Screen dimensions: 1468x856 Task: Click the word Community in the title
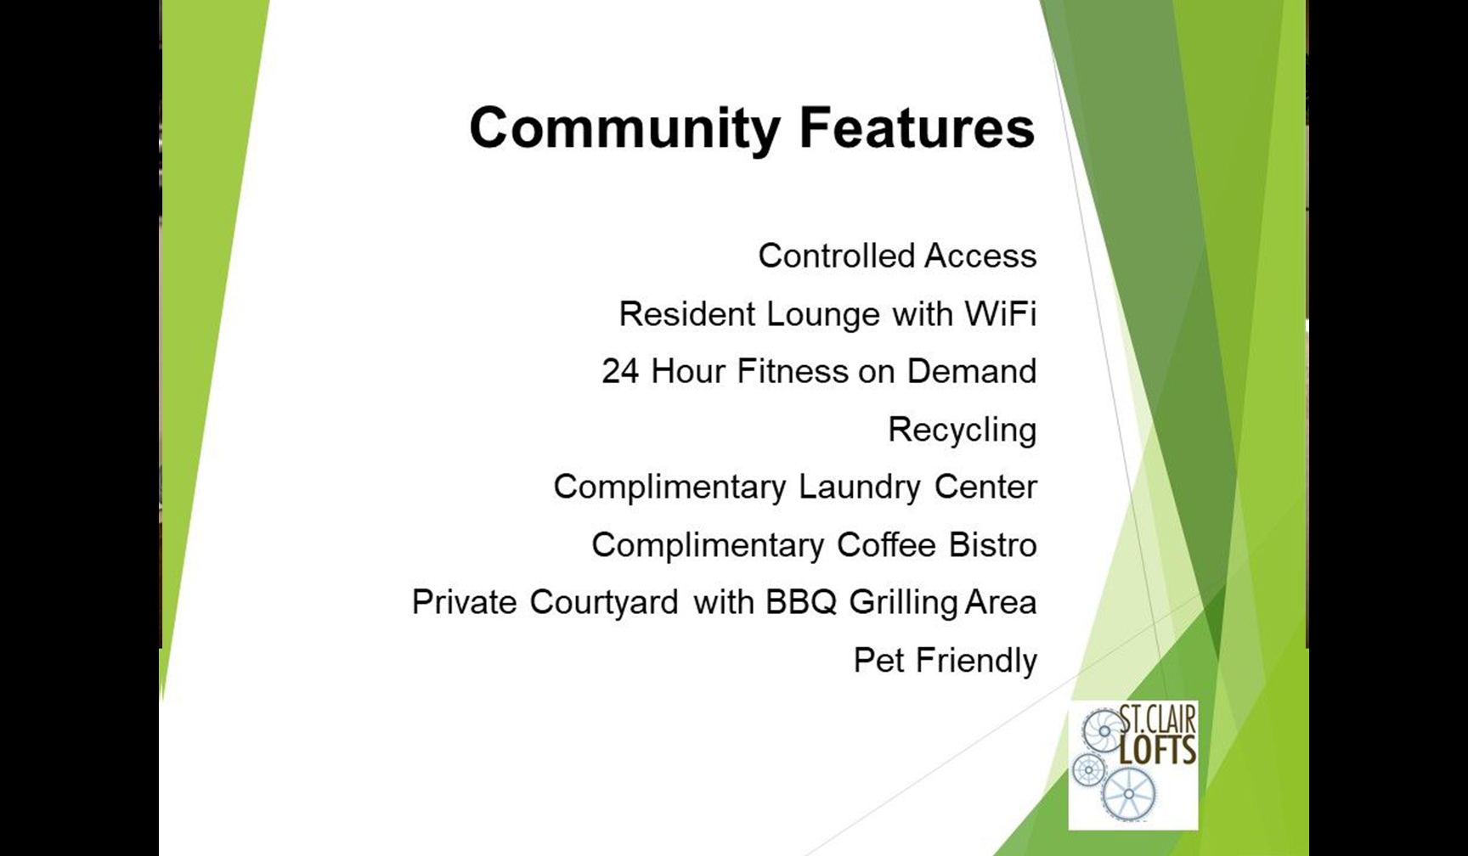click(624, 130)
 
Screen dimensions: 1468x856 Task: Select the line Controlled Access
click(897, 256)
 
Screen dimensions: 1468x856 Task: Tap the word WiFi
click(1001, 313)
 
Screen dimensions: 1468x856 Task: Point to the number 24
click(620, 371)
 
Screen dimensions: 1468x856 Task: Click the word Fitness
click(793, 371)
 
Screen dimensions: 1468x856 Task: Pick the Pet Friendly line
click(946, 661)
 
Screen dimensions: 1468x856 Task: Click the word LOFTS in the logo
click(1157, 751)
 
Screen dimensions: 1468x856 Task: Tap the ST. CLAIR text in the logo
click(1157, 720)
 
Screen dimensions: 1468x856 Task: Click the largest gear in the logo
click(1129, 794)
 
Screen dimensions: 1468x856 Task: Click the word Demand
click(972, 371)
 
